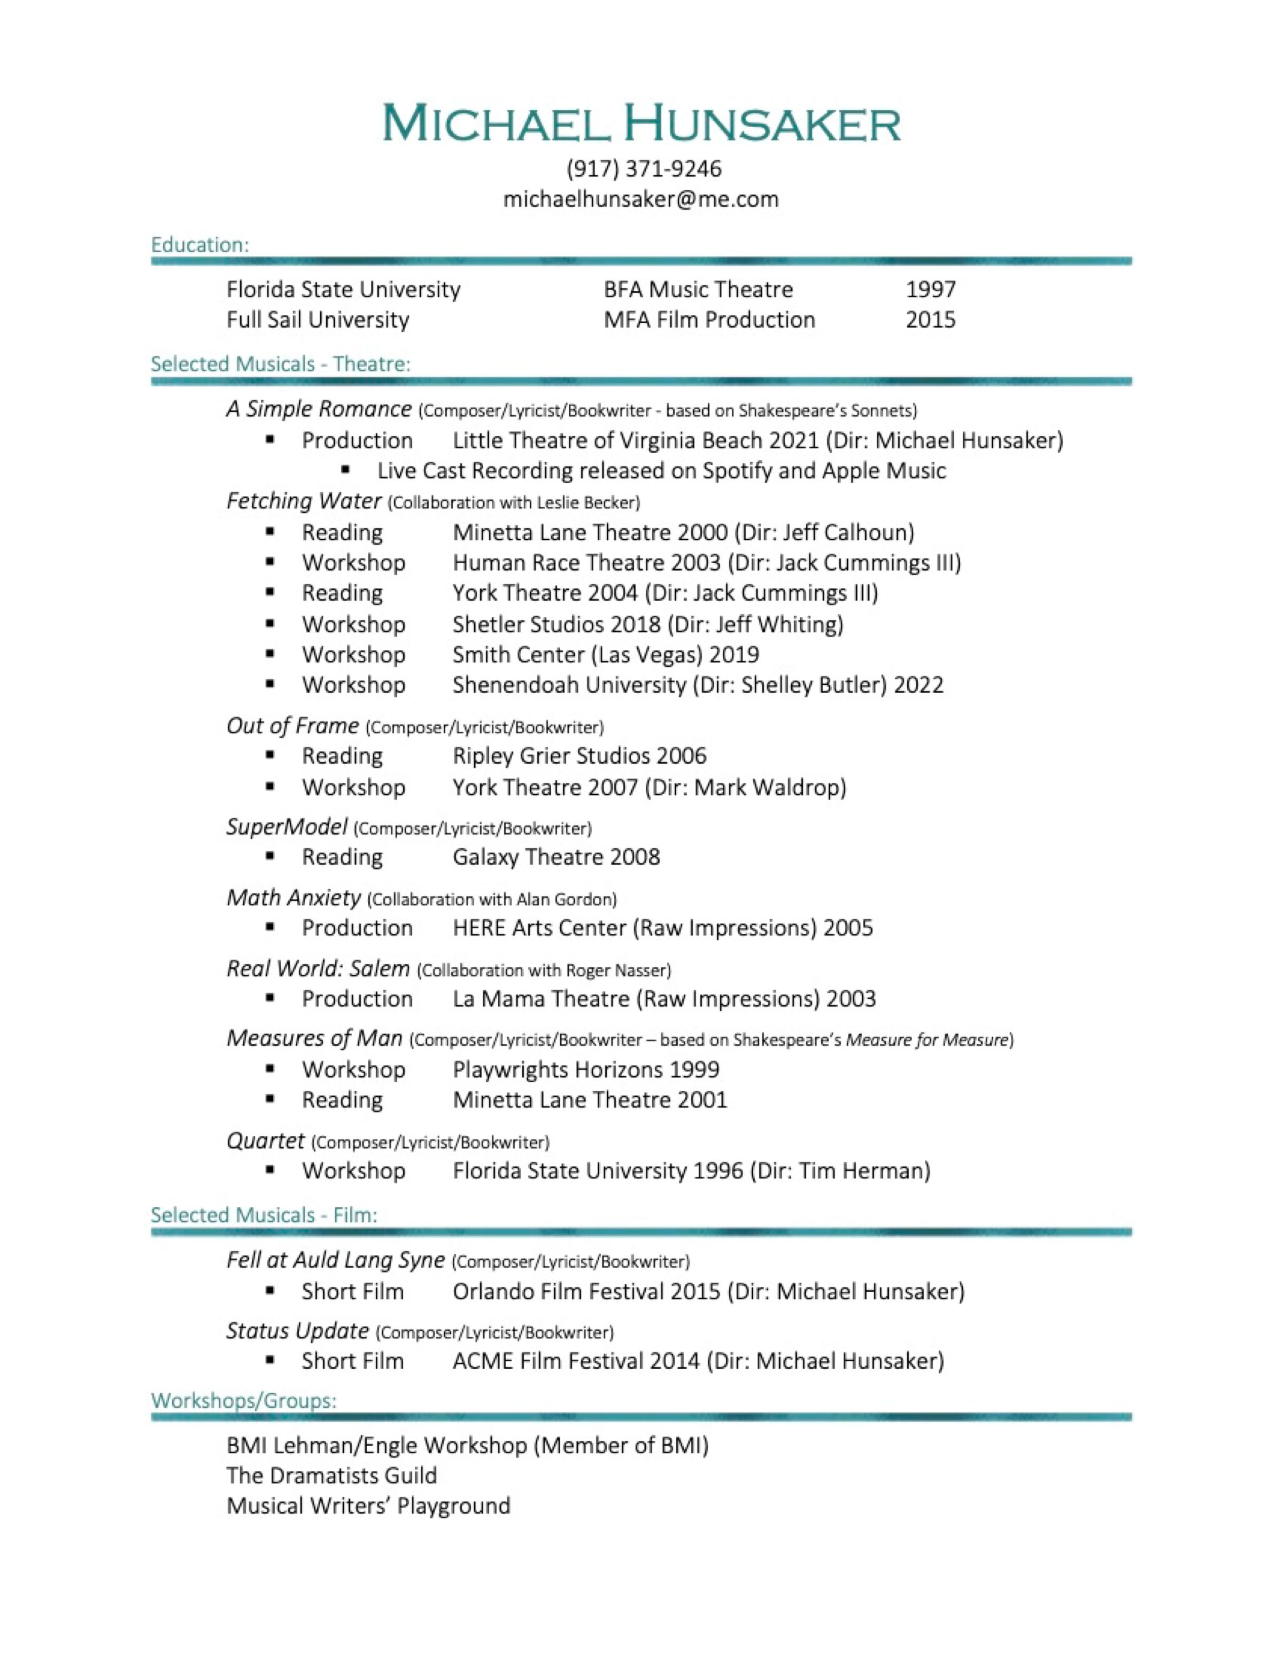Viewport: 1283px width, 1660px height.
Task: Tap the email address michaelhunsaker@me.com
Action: pos(641,199)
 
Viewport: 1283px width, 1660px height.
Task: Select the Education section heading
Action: pos(200,245)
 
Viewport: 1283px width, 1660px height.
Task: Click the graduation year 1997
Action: pos(930,290)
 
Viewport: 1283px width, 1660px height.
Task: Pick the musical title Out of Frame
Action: pos(292,726)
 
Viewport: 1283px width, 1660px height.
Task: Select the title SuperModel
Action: pos(287,826)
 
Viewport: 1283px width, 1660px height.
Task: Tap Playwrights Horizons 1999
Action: pos(585,1069)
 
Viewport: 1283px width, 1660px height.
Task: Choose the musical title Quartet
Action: pos(265,1141)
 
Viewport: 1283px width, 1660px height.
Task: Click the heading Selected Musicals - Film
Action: pos(263,1215)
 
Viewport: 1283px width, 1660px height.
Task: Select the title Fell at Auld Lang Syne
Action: pos(335,1260)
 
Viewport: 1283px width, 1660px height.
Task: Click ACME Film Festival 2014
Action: pos(575,1361)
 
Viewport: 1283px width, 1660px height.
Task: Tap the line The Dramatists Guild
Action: pos(331,1475)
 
